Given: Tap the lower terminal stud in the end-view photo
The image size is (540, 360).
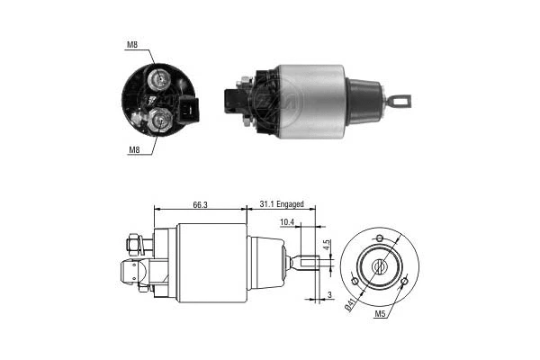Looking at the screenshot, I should [x=162, y=118].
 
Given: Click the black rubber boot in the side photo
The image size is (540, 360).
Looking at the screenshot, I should [x=363, y=101].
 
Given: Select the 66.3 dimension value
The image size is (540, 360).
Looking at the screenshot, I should [x=200, y=205].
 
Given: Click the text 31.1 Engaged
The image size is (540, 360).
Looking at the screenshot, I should [x=283, y=205].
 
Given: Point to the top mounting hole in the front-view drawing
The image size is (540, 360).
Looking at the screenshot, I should [x=379, y=238].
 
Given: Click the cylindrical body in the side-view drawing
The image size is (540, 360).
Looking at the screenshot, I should [x=211, y=264].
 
